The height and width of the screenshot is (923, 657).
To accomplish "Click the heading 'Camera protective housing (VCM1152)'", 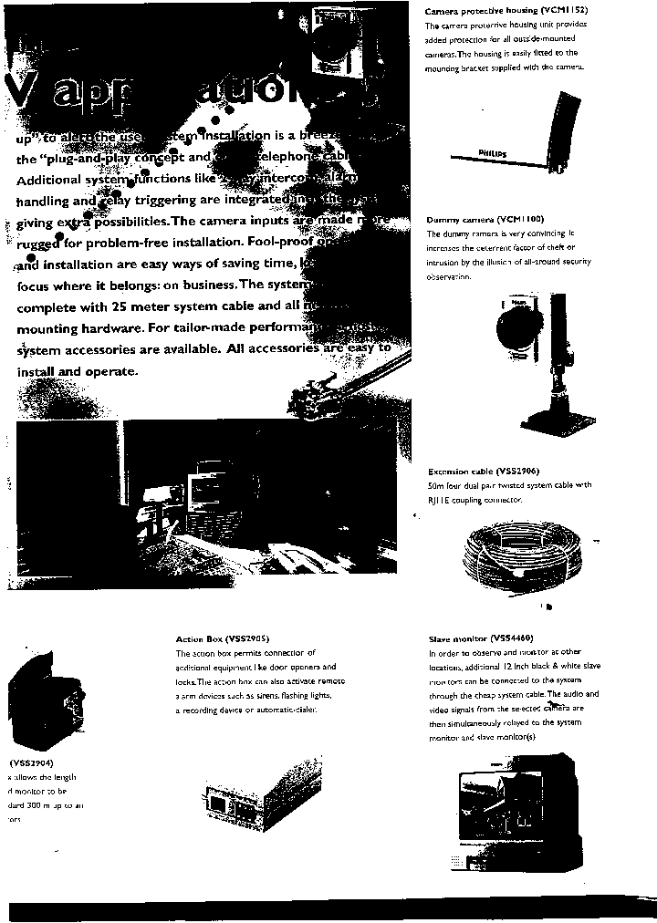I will [506, 11].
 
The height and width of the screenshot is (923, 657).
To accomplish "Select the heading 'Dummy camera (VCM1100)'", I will [485, 220].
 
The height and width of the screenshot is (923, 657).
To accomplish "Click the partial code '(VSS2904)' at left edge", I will [31, 762].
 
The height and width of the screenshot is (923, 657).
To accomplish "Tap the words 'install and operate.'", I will [78, 371].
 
